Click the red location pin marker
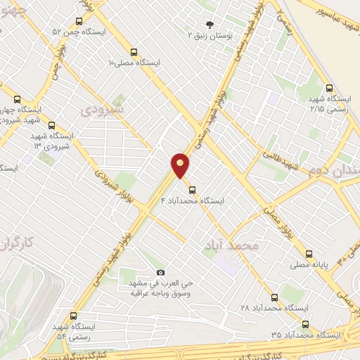pos(180,165)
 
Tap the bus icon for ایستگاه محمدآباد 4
pos(191,188)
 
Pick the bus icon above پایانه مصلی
pos(309,253)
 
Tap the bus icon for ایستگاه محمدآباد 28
pos(274,297)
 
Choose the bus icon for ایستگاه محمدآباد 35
pos(305,324)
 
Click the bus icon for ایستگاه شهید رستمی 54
pos(74,316)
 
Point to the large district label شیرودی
pos(102,110)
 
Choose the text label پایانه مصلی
pos(309,265)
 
